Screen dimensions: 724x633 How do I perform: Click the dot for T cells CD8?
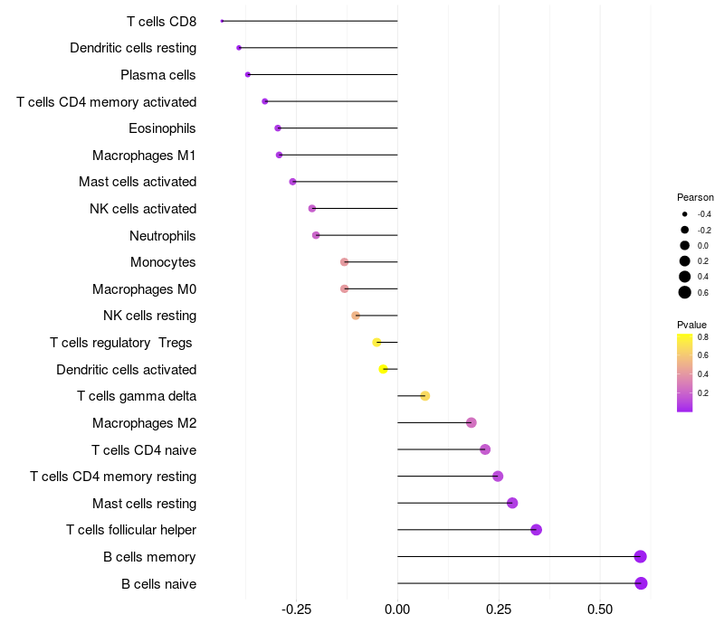222,21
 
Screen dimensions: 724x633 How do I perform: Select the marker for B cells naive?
641,583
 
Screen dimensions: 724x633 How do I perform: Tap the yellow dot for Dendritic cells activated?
383,369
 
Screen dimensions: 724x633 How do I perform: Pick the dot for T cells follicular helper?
536,530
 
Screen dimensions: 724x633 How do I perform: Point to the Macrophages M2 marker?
471,422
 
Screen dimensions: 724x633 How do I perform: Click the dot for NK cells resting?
356,316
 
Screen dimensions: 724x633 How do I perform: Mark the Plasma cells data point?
248,75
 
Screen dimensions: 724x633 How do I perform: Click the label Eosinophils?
162,128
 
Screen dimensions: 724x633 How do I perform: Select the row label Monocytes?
163,262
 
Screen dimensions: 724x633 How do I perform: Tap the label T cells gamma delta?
137,396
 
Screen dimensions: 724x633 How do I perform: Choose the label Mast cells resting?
145,504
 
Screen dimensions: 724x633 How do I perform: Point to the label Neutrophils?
163,236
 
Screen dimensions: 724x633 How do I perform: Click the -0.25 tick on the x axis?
296,609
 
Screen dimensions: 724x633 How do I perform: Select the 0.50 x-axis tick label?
600,609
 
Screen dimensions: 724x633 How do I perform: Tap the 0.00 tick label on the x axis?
397,609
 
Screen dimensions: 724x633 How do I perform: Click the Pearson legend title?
695,197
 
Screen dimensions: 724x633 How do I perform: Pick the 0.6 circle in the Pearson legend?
685,292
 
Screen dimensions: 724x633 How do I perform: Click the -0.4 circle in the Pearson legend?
685,214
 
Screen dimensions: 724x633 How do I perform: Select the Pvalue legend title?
691,325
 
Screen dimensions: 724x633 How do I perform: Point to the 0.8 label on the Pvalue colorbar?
703,337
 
